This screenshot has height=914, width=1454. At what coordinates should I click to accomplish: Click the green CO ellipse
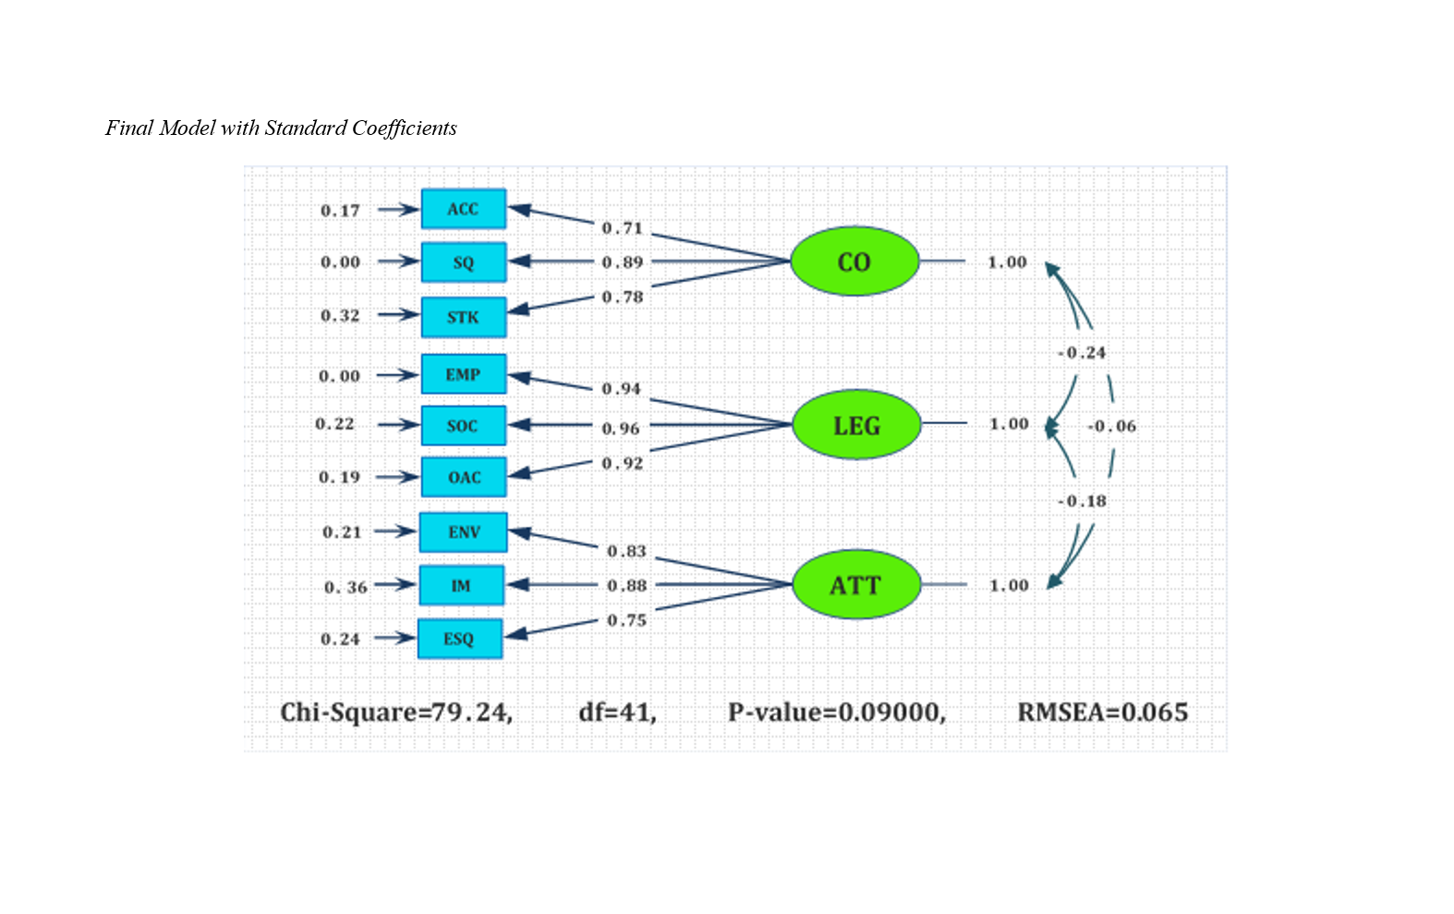pos(854,262)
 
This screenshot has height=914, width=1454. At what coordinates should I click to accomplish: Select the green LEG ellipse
pos(856,425)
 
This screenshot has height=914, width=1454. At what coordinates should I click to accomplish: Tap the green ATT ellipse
pos(856,585)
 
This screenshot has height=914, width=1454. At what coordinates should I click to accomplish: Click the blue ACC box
pos(464,209)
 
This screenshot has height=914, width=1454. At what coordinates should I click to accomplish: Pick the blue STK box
pos(464,317)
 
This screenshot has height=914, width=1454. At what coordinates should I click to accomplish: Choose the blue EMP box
pos(464,374)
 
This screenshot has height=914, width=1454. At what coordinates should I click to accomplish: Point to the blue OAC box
pos(464,477)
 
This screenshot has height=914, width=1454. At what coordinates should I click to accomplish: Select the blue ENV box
pos(464,532)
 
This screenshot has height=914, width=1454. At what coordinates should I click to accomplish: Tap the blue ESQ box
pos(459,639)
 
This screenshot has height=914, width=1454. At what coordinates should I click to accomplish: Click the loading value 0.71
pos(622,228)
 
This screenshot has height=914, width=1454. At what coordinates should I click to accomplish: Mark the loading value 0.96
pos(621,429)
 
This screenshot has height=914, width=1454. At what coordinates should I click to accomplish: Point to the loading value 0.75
pos(626,620)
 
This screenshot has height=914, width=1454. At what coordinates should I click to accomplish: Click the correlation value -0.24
pos(1082,353)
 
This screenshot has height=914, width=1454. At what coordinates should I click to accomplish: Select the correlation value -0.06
pos(1112,426)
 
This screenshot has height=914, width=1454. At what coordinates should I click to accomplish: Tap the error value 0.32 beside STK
pos(340,316)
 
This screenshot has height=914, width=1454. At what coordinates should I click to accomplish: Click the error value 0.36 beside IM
pos(345,587)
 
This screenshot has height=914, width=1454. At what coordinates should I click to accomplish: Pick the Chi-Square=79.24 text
pos(396,713)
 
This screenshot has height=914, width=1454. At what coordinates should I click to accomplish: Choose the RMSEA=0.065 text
pos(1103,713)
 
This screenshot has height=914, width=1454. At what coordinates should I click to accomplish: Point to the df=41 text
pos(617,713)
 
